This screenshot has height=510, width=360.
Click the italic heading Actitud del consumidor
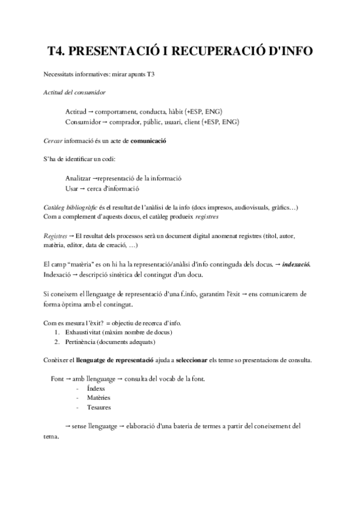75,93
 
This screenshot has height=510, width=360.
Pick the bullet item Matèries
99,399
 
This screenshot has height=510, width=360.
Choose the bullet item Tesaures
99,408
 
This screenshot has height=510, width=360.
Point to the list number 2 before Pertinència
56,342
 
